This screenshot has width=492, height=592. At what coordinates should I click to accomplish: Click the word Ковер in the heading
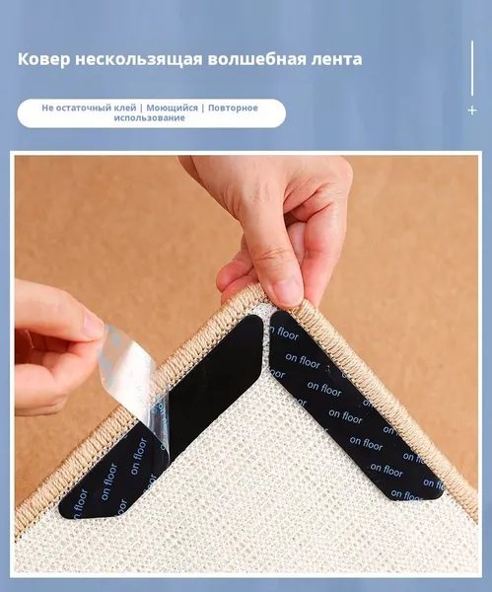coord(43,59)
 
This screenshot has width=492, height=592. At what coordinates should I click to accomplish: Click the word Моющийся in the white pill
coord(172,108)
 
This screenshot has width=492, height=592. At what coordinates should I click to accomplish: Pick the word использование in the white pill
coord(150,117)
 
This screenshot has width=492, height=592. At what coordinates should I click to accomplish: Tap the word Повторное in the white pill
coord(233,108)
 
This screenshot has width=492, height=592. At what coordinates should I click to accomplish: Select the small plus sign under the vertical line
coord(472,111)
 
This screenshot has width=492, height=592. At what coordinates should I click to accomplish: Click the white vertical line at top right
coord(472,68)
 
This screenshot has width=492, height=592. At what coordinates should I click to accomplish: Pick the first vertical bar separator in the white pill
coord(141,108)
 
